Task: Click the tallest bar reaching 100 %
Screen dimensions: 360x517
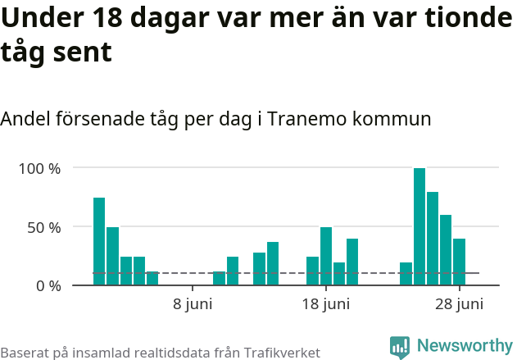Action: coord(419,226)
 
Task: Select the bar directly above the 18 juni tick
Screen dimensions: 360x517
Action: coord(326,256)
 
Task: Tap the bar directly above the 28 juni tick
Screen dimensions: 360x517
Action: coord(460,262)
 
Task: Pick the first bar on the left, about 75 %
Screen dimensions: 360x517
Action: coord(99,241)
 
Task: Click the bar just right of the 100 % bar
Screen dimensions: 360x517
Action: coord(433,238)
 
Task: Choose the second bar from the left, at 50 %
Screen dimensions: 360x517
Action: coord(112,256)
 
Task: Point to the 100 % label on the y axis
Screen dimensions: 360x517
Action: coord(40,168)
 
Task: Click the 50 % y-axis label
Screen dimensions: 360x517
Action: coord(44,227)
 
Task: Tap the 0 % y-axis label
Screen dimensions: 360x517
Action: coord(48,286)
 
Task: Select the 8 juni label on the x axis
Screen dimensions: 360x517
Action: coord(193,305)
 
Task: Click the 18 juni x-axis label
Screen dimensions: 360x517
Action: coord(326,305)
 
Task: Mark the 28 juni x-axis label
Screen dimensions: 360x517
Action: coord(459,305)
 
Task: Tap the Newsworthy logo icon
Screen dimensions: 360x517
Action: coord(400,347)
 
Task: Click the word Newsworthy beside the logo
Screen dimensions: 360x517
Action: coord(464,346)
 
